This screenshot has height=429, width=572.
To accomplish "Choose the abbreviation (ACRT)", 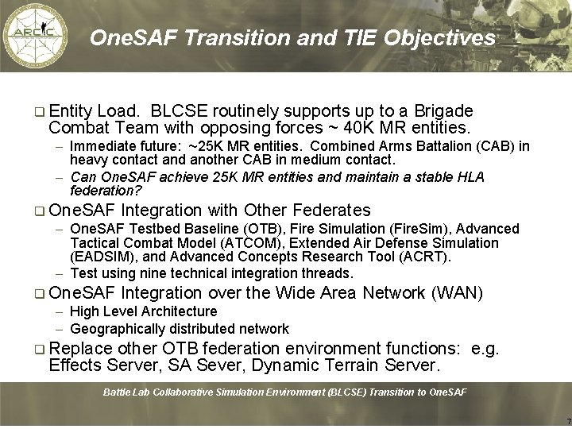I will [426, 257].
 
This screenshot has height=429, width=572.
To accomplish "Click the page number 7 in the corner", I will [567, 420].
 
